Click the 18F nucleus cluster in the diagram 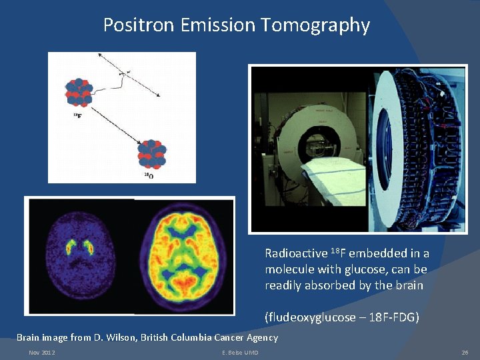[78, 92]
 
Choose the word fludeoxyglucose [310, 317]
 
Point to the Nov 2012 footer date [42, 352]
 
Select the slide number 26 [464, 352]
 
